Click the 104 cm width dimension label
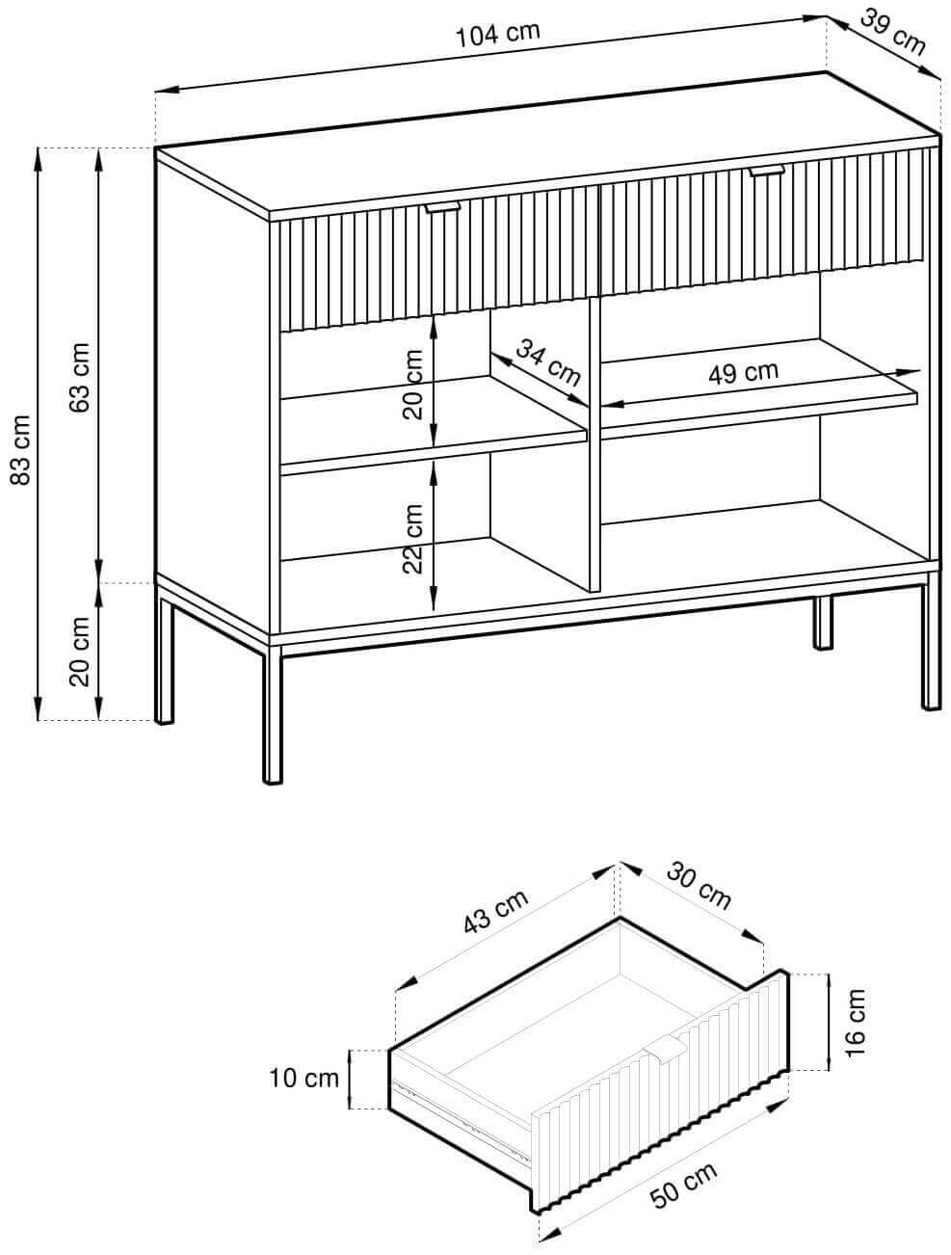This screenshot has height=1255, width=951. (x=497, y=35)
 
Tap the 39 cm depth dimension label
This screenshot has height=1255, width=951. (x=892, y=33)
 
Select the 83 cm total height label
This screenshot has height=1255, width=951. (x=20, y=450)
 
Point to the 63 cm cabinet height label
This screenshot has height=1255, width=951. (x=79, y=377)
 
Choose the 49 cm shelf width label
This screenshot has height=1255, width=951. (x=743, y=372)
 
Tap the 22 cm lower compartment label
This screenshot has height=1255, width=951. (x=412, y=539)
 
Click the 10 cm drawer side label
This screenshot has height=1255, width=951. (x=304, y=1079)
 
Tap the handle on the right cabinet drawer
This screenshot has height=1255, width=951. (x=767, y=170)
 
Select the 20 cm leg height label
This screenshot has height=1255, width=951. (x=79, y=652)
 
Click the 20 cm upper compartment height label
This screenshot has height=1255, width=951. (x=412, y=385)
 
